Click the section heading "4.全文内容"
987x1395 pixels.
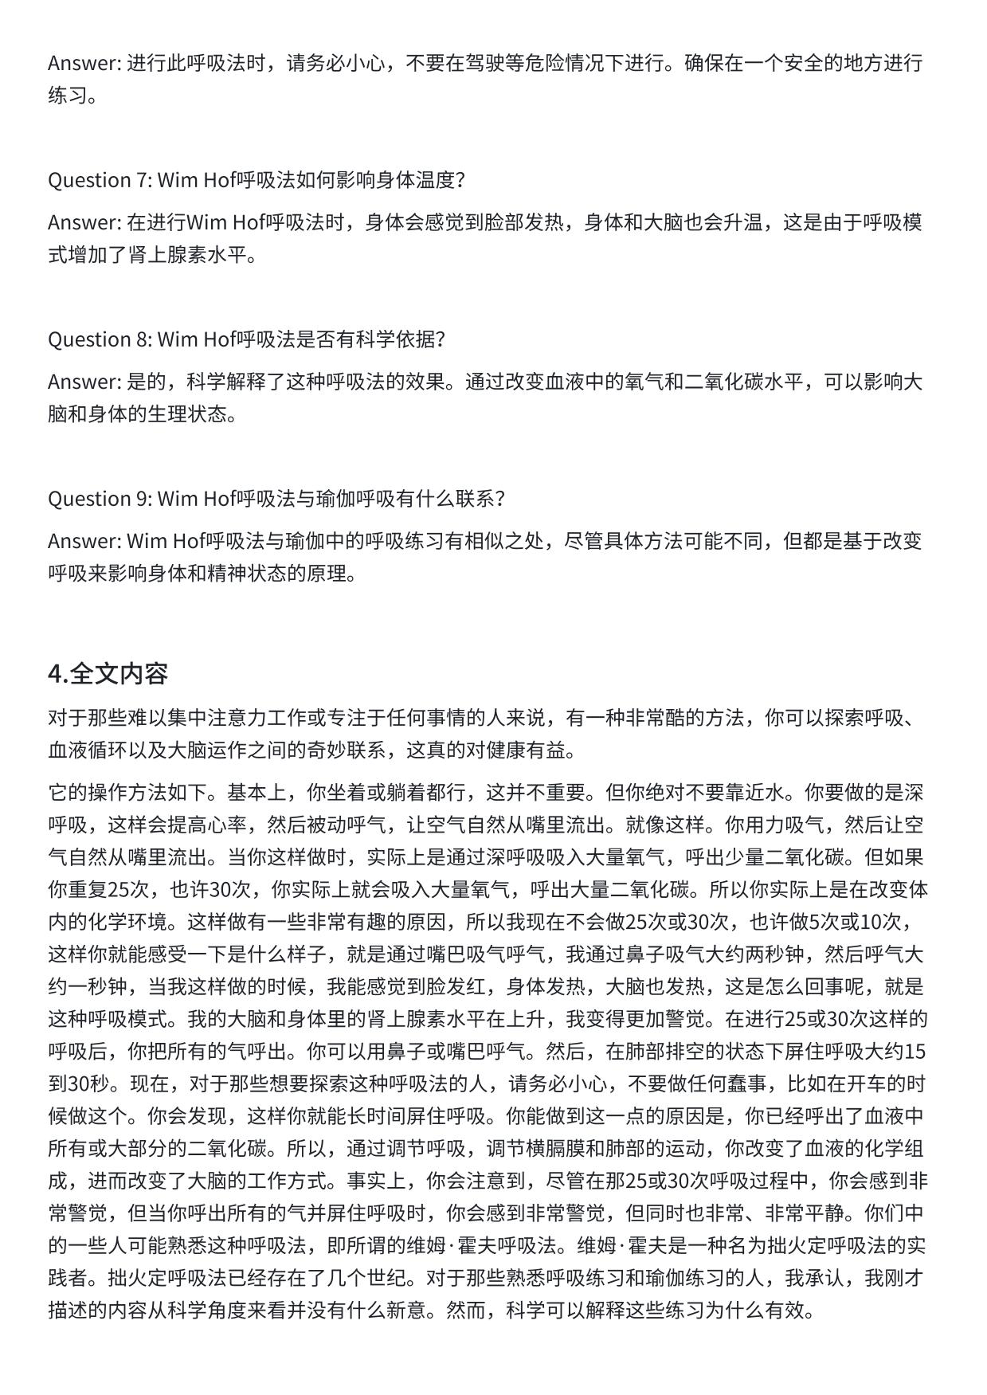pos(108,674)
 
